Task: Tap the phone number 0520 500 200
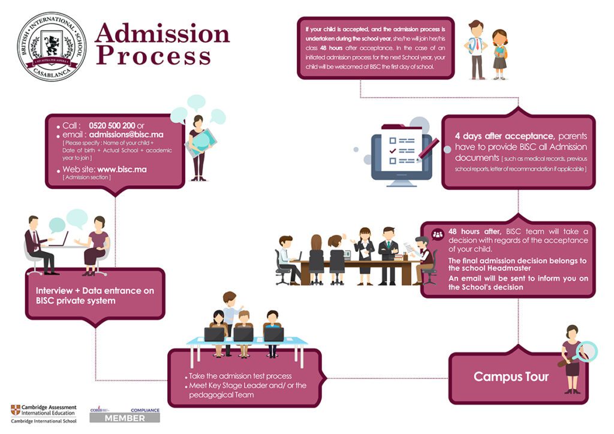click(x=112, y=125)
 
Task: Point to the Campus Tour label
click(x=511, y=376)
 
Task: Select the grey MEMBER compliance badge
click(x=125, y=418)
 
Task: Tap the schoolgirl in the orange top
click(x=499, y=54)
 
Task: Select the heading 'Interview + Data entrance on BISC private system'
click(x=95, y=295)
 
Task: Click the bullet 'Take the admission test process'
click(x=240, y=376)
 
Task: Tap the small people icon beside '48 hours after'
click(x=438, y=234)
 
